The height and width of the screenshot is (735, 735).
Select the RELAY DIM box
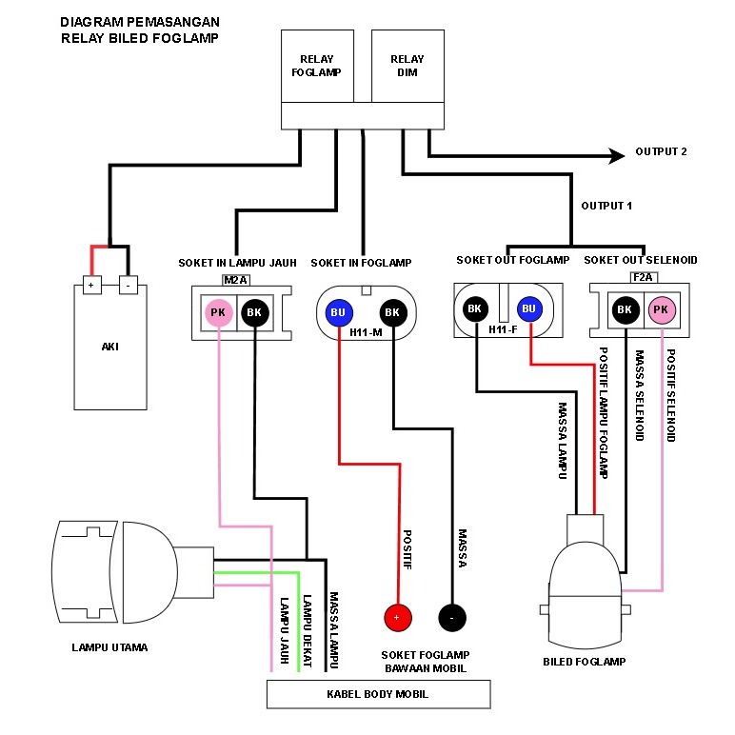(x=407, y=65)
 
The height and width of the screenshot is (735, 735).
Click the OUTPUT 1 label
(x=606, y=206)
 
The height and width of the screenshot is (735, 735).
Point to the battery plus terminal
(x=92, y=284)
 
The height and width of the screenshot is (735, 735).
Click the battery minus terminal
(x=127, y=284)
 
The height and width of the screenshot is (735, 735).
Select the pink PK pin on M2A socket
(x=218, y=311)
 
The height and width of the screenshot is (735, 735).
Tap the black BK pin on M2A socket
(x=253, y=311)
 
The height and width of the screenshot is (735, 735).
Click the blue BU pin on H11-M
(x=338, y=311)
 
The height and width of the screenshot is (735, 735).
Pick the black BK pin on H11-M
(x=391, y=311)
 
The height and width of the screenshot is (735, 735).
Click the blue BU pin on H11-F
(x=529, y=308)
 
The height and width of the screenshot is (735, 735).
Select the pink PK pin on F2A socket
(x=661, y=308)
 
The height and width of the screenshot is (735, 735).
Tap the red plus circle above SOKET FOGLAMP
(x=397, y=617)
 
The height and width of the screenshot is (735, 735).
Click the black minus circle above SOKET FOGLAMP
(x=452, y=617)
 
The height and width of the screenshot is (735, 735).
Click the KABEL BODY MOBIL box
(x=378, y=694)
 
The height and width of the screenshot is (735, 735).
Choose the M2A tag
(x=235, y=279)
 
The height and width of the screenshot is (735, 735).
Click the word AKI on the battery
(x=110, y=347)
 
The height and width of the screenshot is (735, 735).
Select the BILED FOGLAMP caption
(x=585, y=661)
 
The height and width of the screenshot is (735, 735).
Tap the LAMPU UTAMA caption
(x=109, y=647)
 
